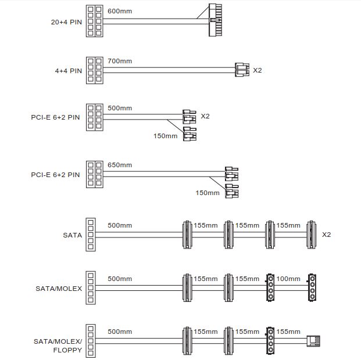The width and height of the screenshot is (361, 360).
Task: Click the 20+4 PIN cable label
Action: click(x=66, y=22)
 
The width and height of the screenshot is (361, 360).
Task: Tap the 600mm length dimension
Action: click(x=120, y=11)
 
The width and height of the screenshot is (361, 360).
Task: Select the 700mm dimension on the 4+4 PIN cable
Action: click(x=120, y=61)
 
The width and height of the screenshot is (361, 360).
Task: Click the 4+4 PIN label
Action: click(x=69, y=71)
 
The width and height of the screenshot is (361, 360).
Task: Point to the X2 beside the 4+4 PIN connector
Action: click(x=258, y=70)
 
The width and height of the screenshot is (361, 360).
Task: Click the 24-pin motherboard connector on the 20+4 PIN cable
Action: click(x=215, y=20)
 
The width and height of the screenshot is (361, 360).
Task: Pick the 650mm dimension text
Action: click(x=120, y=165)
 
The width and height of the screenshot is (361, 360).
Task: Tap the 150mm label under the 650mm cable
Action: click(x=208, y=193)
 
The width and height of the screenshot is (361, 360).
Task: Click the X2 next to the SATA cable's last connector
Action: click(x=326, y=235)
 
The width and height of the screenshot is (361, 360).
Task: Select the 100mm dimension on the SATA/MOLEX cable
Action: click(x=288, y=279)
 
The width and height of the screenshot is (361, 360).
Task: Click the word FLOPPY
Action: click(x=67, y=350)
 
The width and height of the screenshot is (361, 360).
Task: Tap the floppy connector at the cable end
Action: click(x=313, y=341)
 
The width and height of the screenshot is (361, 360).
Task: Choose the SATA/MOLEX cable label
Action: click(x=59, y=289)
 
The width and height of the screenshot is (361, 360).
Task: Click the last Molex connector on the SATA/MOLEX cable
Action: click(x=312, y=287)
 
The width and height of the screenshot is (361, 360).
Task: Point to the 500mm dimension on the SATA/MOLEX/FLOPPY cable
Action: click(x=120, y=332)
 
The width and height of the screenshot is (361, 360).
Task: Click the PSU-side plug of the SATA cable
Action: click(x=91, y=235)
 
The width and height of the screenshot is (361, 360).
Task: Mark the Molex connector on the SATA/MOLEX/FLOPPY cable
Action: click(x=270, y=341)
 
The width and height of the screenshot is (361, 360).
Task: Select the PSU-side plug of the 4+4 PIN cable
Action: click(x=95, y=70)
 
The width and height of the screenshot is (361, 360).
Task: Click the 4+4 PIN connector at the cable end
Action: click(x=242, y=70)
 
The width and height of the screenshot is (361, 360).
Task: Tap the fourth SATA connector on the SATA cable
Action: click(x=311, y=235)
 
